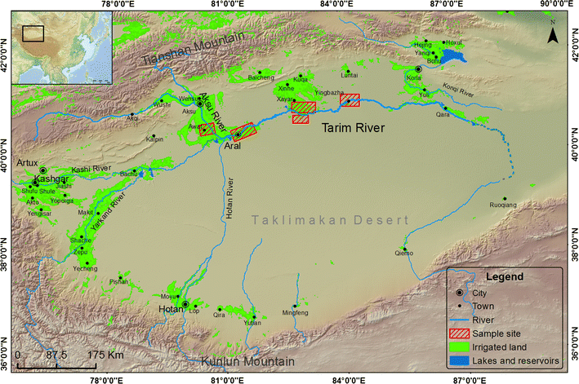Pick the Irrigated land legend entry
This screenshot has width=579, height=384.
pyautogui.click(x=516, y=346)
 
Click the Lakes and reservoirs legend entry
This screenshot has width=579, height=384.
pyautogui.click(x=526, y=359)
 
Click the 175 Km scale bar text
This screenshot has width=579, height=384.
pyautogui.click(x=105, y=355)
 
